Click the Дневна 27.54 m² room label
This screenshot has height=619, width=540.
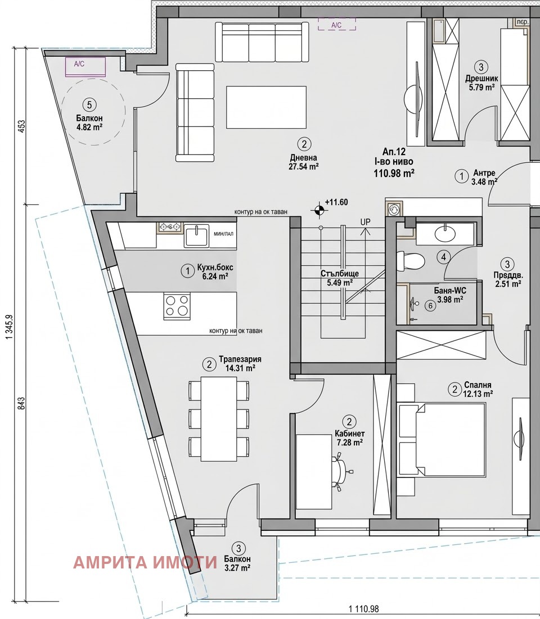coord(304,162)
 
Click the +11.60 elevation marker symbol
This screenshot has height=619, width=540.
coord(319,211)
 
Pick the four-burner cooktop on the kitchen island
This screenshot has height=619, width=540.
coord(176,306)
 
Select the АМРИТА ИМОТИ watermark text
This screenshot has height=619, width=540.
coord(145,562)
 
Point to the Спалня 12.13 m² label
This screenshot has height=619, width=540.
coord(478,389)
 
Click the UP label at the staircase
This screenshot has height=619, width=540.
coord(366,222)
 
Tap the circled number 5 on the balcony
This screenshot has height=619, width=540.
coord(88,104)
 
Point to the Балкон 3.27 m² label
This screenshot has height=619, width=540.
coord(237,563)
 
